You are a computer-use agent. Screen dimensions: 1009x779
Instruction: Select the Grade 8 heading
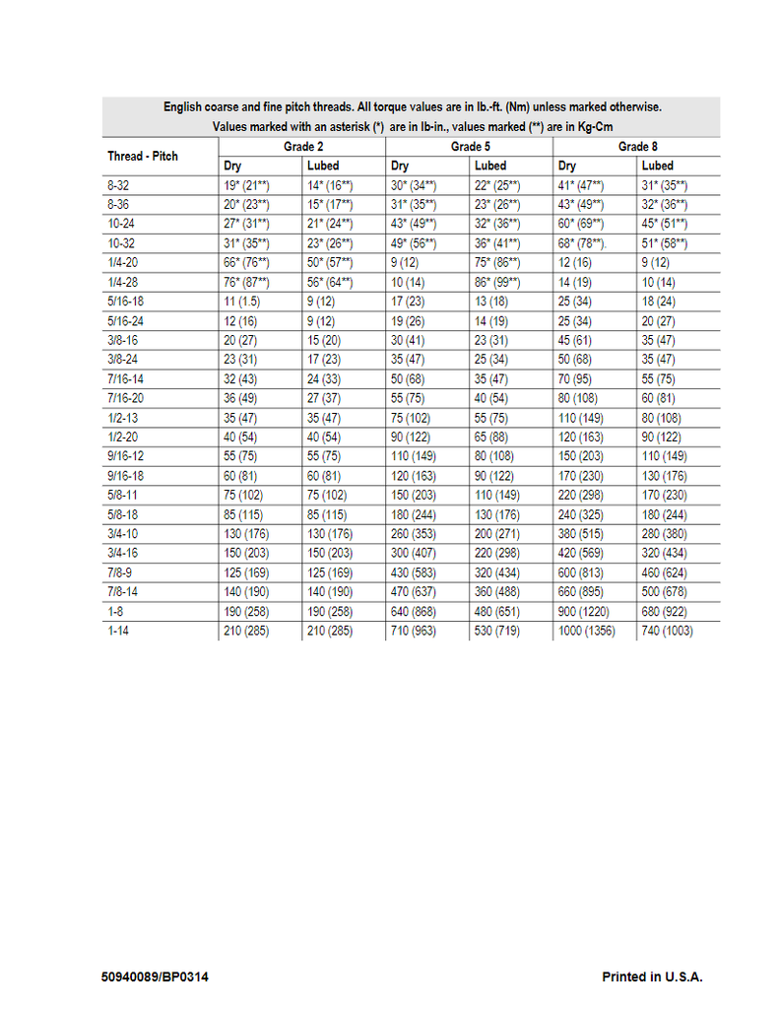(x=637, y=147)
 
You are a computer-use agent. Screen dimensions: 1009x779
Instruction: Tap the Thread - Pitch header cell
(x=143, y=157)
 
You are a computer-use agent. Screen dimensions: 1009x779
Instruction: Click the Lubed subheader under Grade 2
(x=323, y=166)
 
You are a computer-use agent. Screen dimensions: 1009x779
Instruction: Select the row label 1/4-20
(x=122, y=262)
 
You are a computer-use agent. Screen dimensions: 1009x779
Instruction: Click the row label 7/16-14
(x=125, y=378)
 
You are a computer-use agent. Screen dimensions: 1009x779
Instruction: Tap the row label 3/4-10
(x=122, y=533)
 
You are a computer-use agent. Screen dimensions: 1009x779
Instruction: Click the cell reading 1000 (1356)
(x=586, y=630)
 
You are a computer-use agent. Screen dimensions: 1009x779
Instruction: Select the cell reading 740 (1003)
(x=667, y=630)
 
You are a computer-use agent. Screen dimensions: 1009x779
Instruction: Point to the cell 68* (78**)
(x=582, y=243)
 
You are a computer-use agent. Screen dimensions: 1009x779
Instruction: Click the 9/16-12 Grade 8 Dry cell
(x=581, y=456)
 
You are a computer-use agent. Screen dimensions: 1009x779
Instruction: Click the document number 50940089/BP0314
(x=156, y=976)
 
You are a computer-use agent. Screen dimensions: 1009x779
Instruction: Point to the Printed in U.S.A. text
(x=652, y=976)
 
